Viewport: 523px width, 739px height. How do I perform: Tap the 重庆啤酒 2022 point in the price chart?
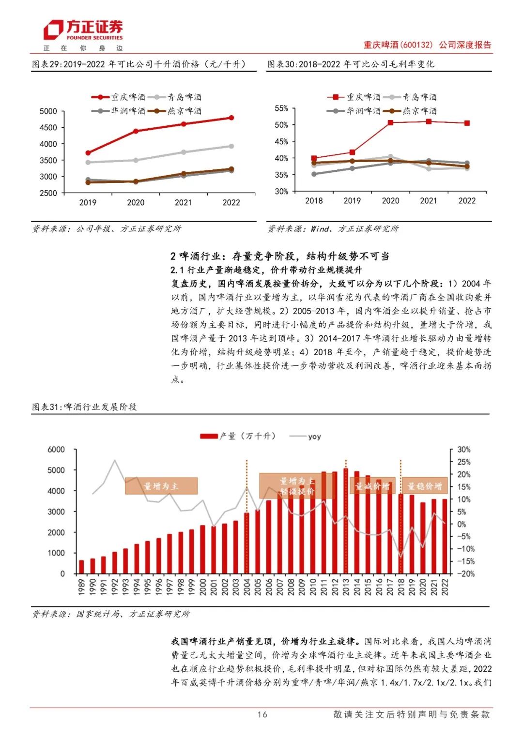231,118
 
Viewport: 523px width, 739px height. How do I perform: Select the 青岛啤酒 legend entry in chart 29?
175,97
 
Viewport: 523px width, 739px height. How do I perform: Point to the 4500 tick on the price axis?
48,128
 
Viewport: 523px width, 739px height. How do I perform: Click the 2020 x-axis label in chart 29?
136,202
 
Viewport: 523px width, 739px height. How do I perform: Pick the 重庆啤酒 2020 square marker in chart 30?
390,122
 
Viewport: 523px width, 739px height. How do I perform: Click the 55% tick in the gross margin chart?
281,108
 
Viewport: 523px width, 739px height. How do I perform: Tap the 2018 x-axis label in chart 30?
314,201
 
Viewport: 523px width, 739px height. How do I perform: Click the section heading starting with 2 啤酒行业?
280,256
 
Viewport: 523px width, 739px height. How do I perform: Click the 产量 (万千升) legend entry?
238,436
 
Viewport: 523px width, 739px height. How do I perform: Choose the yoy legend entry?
305,437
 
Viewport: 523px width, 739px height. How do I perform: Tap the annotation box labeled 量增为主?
161,486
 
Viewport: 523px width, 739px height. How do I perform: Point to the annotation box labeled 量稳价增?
425,486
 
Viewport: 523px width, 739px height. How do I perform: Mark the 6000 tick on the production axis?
56,450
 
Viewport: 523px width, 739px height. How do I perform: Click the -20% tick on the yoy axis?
464,574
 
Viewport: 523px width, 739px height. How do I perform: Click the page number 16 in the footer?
262,714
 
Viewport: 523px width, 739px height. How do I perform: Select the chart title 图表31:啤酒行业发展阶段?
85,407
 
